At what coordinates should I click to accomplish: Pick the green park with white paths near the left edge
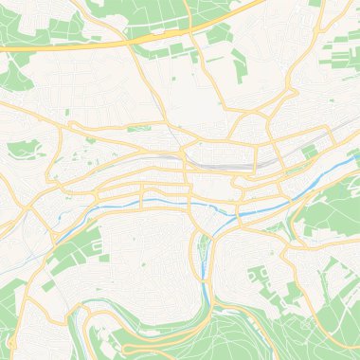(26, 149)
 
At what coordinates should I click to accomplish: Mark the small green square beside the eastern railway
(309, 152)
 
